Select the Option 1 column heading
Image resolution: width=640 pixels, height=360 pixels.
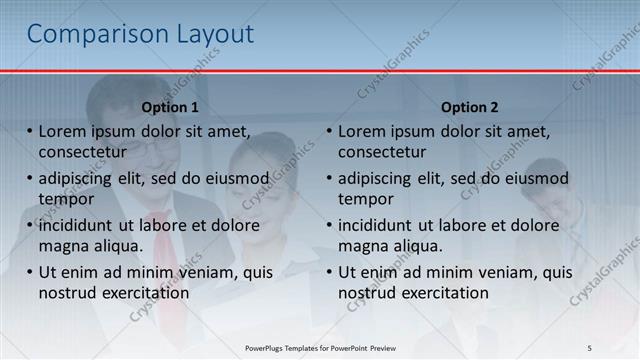[x=170, y=107]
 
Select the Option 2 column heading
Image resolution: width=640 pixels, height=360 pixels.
[x=469, y=107]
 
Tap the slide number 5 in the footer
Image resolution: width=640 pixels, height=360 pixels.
[x=590, y=347]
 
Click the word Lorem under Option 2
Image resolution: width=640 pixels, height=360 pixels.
[x=361, y=132]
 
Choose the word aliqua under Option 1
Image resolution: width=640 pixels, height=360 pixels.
[x=116, y=246]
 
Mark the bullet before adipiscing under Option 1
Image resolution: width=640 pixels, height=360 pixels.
[x=30, y=179]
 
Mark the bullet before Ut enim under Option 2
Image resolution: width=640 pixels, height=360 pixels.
[x=329, y=272]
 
